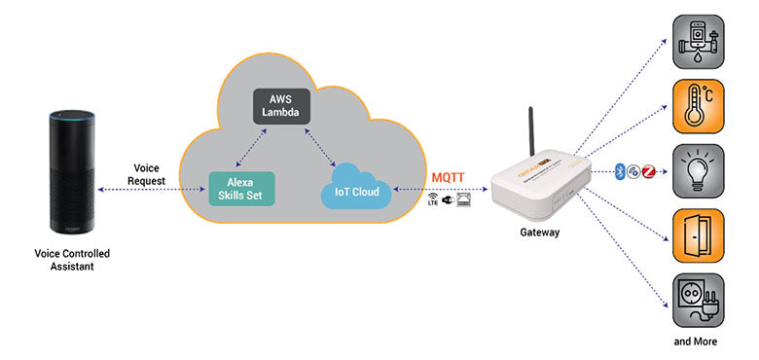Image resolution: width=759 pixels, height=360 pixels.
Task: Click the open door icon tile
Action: click(x=698, y=234)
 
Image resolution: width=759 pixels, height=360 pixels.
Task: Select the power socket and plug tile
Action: click(x=698, y=299)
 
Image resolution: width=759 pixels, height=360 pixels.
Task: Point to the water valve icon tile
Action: click(x=698, y=41)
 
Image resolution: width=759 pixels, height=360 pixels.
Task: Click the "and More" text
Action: click(x=698, y=342)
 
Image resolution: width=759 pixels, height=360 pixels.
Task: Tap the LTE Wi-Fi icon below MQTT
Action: click(x=432, y=201)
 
